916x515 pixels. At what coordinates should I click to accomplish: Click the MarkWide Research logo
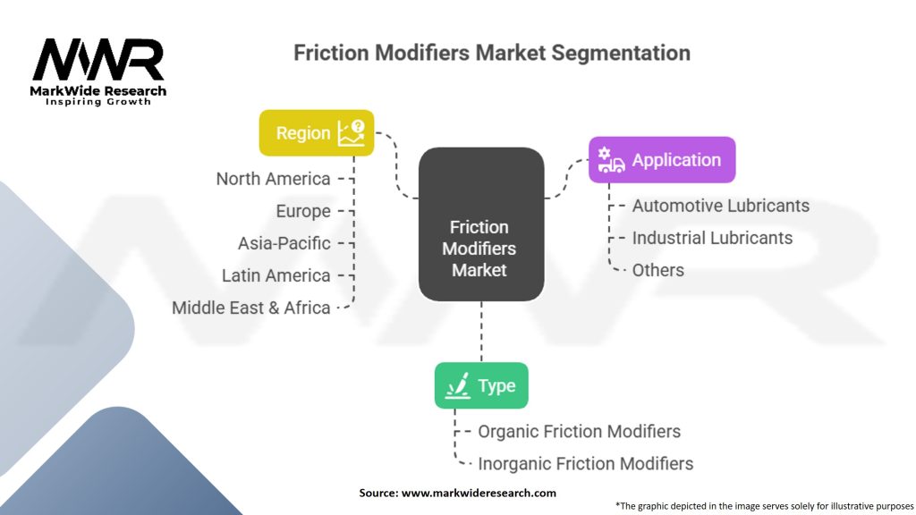pos(98,72)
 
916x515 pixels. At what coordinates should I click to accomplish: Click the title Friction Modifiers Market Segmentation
pos(491,53)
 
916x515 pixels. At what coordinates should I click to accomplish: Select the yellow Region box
pos(316,132)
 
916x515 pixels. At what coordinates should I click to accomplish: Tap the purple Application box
pos(661,160)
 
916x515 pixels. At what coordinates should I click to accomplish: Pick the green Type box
pos(481,385)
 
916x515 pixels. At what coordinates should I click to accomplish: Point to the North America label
pos(273,179)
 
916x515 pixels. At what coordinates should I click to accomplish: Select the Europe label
pos(302,211)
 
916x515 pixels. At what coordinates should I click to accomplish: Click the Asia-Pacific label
pos(284,243)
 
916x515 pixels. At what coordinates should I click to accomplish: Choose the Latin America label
pos(276,275)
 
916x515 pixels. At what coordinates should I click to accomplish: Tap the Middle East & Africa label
pos(251,308)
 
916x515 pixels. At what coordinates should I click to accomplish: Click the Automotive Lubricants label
pos(720,206)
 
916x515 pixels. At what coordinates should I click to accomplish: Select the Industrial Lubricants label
pos(712,238)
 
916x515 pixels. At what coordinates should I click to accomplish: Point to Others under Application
pos(657,270)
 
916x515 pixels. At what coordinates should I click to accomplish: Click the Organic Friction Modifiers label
pos(579,432)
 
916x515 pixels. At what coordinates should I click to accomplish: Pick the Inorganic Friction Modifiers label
pos(585,464)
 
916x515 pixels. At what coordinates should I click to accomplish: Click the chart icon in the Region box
pos(351,132)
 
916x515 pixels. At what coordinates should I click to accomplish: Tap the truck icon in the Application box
pos(611,161)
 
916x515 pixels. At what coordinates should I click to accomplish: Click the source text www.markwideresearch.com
pos(457,493)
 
